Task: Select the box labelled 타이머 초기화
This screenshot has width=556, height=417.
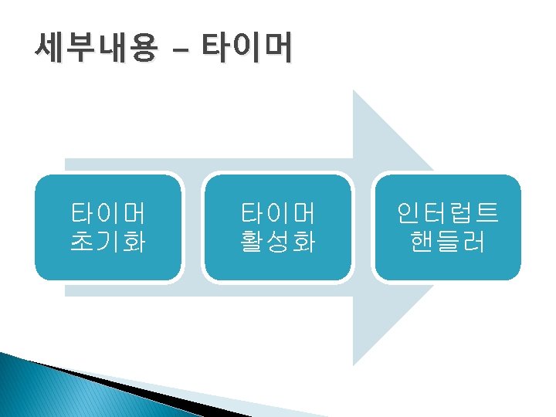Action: [x=108, y=227]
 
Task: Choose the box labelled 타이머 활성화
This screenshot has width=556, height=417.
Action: [x=278, y=227]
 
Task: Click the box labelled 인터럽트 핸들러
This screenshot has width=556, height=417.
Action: [x=447, y=227]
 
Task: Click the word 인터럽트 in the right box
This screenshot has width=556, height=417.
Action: [x=448, y=212]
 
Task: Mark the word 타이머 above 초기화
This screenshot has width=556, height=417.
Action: [x=108, y=212]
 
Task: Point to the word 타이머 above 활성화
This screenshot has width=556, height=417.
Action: [x=278, y=212]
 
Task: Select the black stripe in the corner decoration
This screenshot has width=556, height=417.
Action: [x=154, y=393]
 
